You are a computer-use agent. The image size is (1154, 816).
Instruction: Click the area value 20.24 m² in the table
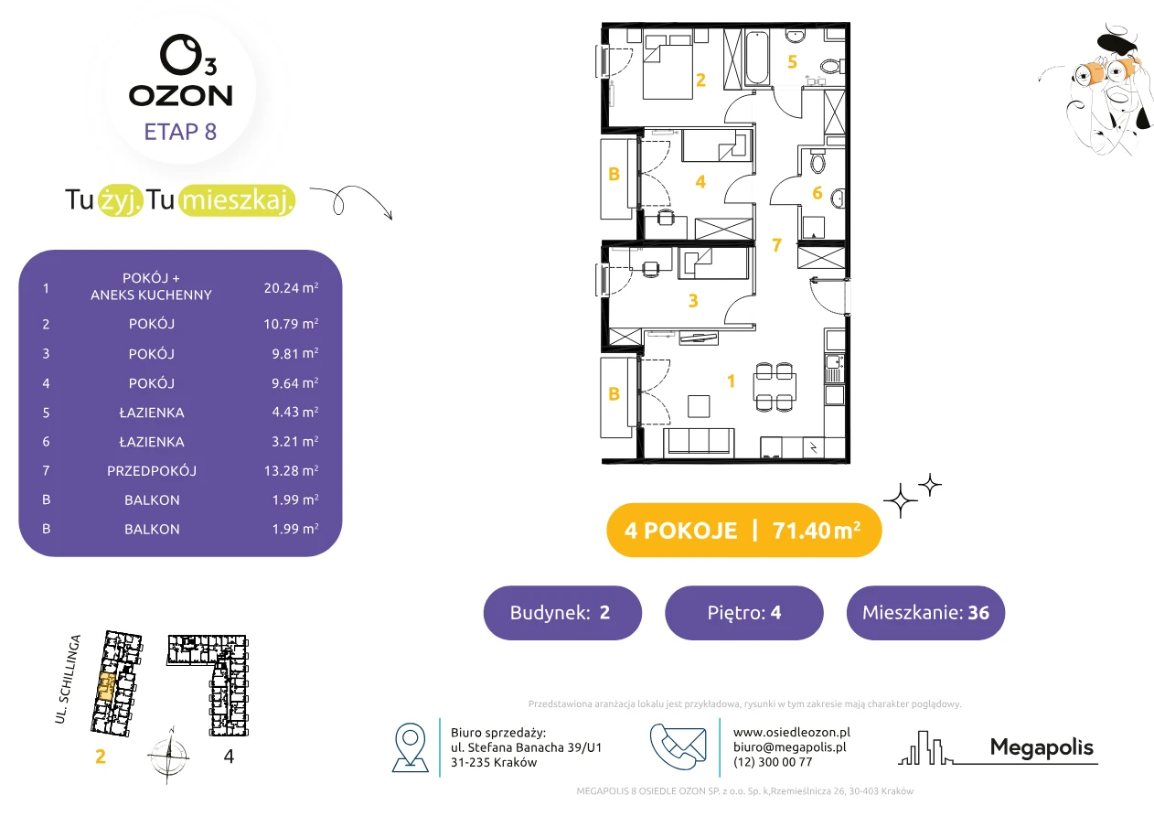pyautogui.click(x=291, y=287)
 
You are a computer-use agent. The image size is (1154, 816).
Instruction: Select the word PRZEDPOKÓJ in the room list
pyautogui.click(x=152, y=470)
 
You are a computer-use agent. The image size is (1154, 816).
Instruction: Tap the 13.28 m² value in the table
pyautogui.click(x=291, y=470)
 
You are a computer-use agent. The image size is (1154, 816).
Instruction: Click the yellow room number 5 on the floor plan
pyautogui.click(x=792, y=62)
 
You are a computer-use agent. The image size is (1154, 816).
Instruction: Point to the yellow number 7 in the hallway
pyautogui.click(x=777, y=244)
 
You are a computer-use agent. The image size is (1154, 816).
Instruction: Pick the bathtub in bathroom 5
pyautogui.click(x=757, y=58)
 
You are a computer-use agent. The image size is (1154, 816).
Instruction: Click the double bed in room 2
pyautogui.click(x=668, y=67)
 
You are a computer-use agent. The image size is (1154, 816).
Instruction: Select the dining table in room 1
pyautogui.click(x=775, y=387)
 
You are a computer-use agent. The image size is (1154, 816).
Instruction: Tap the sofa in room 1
pyautogui.click(x=700, y=442)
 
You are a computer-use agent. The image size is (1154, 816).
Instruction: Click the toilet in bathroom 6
pyautogui.click(x=817, y=161)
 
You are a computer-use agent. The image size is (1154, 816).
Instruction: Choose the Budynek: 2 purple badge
pyautogui.click(x=562, y=612)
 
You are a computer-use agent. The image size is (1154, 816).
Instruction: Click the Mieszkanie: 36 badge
pyautogui.click(x=925, y=612)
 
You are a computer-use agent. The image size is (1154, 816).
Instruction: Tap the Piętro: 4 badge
pyautogui.click(x=744, y=612)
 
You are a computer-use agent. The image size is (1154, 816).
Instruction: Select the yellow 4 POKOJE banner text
pyautogui.click(x=680, y=531)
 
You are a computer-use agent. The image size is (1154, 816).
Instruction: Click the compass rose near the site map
pyautogui.click(x=168, y=756)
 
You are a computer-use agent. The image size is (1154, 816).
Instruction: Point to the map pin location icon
pyautogui.click(x=410, y=747)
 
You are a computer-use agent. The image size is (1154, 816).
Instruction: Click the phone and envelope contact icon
pyautogui.click(x=678, y=746)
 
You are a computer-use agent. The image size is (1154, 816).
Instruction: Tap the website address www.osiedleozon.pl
pyautogui.click(x=791, y=732)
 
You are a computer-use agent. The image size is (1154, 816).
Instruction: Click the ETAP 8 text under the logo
pyautogui.click(x=180, y=132)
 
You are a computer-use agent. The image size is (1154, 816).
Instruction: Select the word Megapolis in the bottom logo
pyautogui.click(x=1042, y=747)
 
